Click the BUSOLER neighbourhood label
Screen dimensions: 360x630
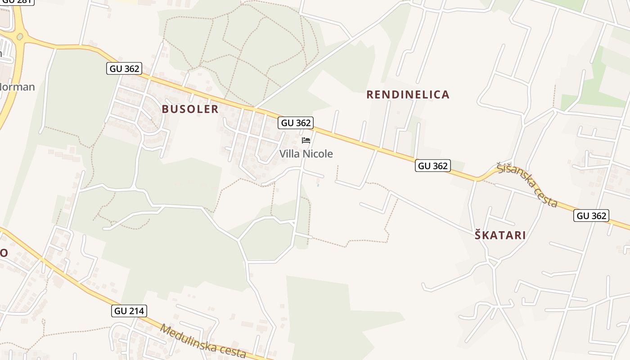[190, 109]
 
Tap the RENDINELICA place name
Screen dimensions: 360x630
[408, 94]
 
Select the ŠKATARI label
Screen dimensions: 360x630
[500, 235]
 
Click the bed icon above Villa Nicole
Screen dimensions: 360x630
[306, 140]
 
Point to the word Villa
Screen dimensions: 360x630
[290, 154]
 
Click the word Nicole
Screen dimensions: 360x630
[318, 154]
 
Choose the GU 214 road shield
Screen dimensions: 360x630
[129, 310]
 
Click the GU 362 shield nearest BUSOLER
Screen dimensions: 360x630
[124, 68]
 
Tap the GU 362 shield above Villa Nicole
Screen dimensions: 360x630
[296, 122]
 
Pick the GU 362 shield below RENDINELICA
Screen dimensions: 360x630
[432, 166]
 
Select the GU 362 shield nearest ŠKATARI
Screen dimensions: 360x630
[591, 216]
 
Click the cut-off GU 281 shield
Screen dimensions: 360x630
[17, 1]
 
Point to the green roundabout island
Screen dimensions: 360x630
[19, 36]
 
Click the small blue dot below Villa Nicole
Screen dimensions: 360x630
[318, 184]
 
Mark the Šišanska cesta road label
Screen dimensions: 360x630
[528, 185]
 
